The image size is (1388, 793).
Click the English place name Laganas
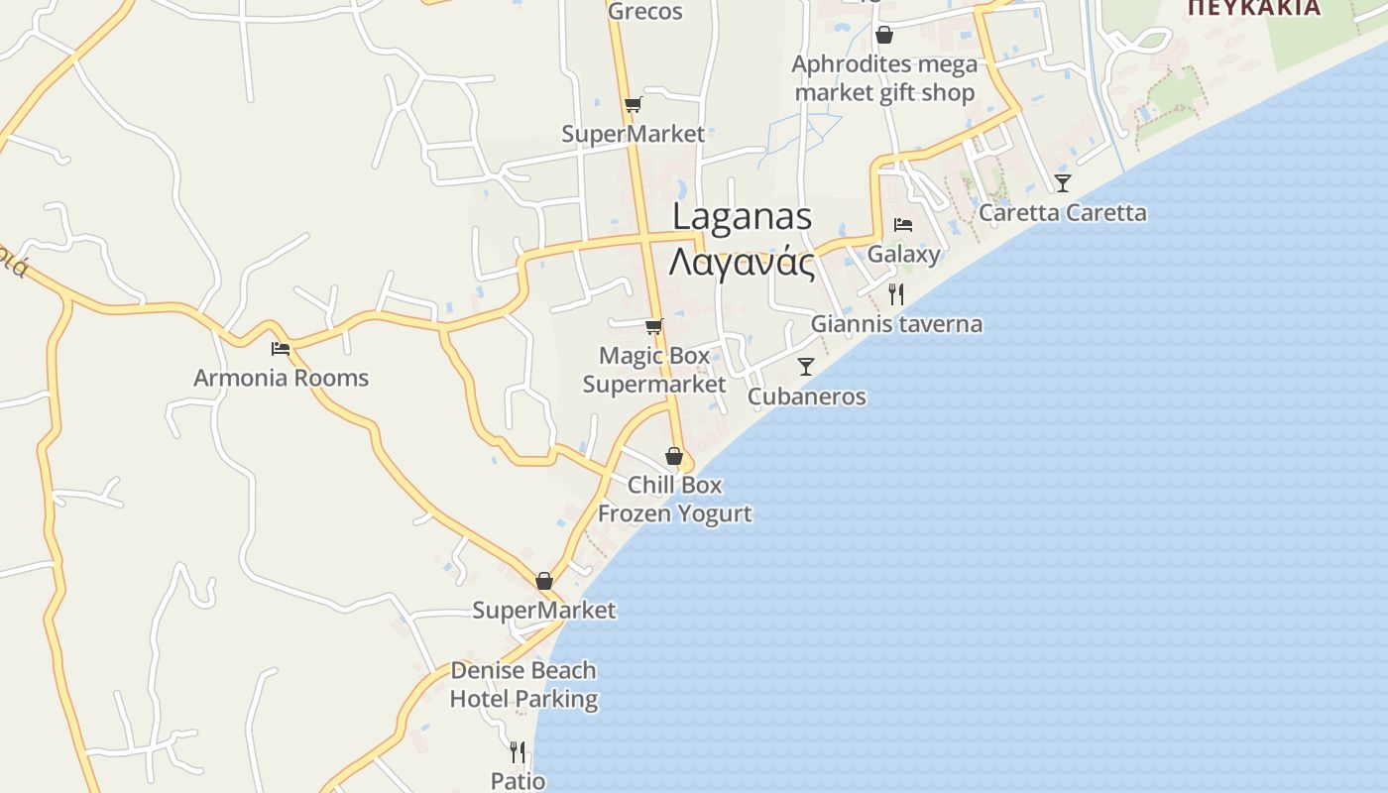click(x=743, y=217)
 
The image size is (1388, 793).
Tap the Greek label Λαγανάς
click(x=743, y=264)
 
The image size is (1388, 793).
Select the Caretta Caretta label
click(x=1062, y=212)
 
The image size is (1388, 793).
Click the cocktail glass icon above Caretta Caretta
click(x=1063, y=183)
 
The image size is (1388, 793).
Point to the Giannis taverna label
click(x=896, y=324)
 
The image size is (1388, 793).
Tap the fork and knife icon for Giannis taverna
click(x=896, y=294)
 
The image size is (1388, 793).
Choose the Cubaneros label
click(x=806, y=396)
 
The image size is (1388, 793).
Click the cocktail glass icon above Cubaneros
click(x=806, y=367)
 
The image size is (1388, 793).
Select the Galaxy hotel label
click(x=903, y=254)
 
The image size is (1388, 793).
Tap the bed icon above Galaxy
click(x=903, y=225)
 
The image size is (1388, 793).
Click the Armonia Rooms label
click(x=281, y=378)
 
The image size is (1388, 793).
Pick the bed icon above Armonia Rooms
click(x=281, y=349)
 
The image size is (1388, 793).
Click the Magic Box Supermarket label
click(x=654, y=370)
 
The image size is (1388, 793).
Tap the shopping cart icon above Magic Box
click(x=654, y=326)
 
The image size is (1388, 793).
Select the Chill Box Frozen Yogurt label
click(x=674, y=499)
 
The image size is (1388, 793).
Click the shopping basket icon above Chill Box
click(x=674, y=457)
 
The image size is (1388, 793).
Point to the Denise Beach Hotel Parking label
click(x=523, y=684)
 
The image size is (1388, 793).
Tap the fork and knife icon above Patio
click(x=518, y=752)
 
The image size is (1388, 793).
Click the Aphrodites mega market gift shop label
click(x=884, y=78)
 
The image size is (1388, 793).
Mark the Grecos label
click(x=644, y=12)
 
